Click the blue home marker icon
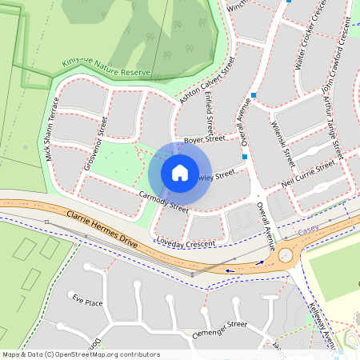180,173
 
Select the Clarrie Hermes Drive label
91,230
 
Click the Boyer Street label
205,140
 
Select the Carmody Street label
163,202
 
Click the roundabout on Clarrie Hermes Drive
285,256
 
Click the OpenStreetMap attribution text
81,354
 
